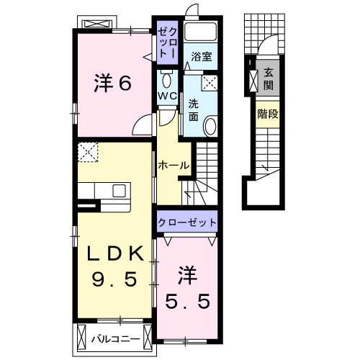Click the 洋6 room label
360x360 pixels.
pos(112,84)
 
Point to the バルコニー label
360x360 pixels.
pos(114,336)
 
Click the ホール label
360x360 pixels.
pos(174,165)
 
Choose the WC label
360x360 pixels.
pos(168,95)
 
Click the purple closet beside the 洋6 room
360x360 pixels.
pos(166,43)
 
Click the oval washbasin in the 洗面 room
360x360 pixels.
pos(210,127)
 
